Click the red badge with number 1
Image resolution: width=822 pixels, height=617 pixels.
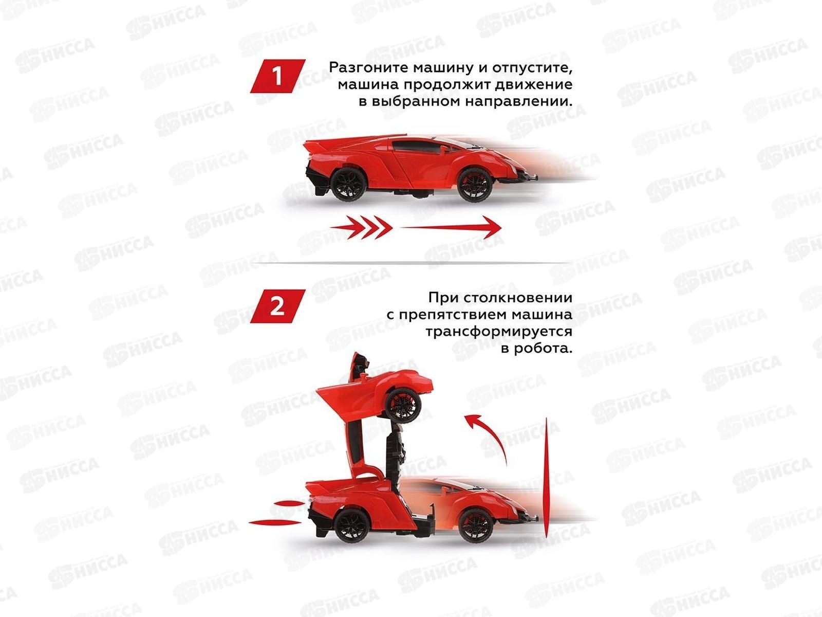pyautogui.click(x=277, y=76)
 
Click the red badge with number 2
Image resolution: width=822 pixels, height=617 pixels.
pyautogui.click(x=277, y=306)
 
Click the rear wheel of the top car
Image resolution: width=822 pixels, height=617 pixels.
pyautogui.click(x=349, y=185)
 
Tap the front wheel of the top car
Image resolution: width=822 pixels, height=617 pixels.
pyautogui.click(x=475, y=185)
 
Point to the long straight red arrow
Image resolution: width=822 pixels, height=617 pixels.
pyautogui.click(x=451, y=227)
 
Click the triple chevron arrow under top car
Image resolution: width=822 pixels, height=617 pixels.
pyautogui.click(x=361, y=227)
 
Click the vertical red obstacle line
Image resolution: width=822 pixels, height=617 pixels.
pyautogui.click(x=547, y=477)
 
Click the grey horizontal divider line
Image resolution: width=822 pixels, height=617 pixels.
pyautogui.click(x=412, y=263)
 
